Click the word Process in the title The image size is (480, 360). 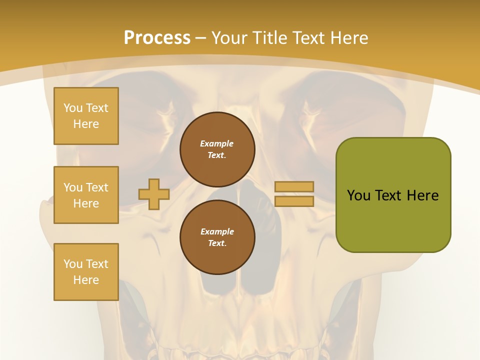coord(157,38)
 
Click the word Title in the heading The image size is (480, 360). coord(268,38)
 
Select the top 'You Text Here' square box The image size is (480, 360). coord(86,116)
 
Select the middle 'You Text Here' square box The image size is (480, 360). coord(86,195)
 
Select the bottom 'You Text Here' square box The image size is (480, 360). coord(86,271)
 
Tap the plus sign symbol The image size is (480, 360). coord(154,194)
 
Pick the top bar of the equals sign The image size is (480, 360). coord(294,186)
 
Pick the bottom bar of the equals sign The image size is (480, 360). coord(294,201)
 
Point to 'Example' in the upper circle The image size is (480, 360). coord(217,143)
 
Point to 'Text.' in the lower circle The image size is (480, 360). coord(217,243)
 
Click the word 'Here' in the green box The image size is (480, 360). coord(422,195)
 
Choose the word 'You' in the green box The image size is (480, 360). coord(358,195)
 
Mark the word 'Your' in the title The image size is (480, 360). coord(229,38)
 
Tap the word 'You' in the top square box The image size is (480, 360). coord(73,108)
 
